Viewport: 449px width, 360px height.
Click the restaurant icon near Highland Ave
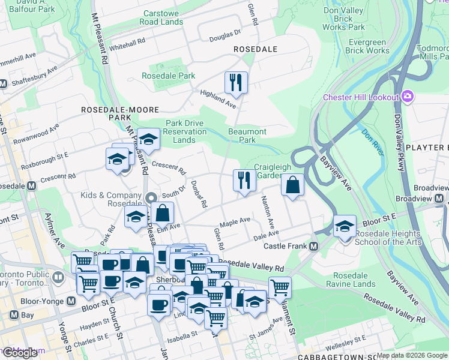point(236,82)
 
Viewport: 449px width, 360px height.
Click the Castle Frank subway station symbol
point(313,246)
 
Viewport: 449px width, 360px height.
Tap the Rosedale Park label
point(169,76)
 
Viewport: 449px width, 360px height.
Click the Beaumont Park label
point(247,136)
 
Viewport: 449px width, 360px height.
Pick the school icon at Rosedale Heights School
point(345,226)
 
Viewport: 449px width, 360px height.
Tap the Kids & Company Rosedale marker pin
point(151,197)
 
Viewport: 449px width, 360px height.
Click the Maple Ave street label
point(235,221)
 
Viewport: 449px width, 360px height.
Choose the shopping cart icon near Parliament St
point(280,287)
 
